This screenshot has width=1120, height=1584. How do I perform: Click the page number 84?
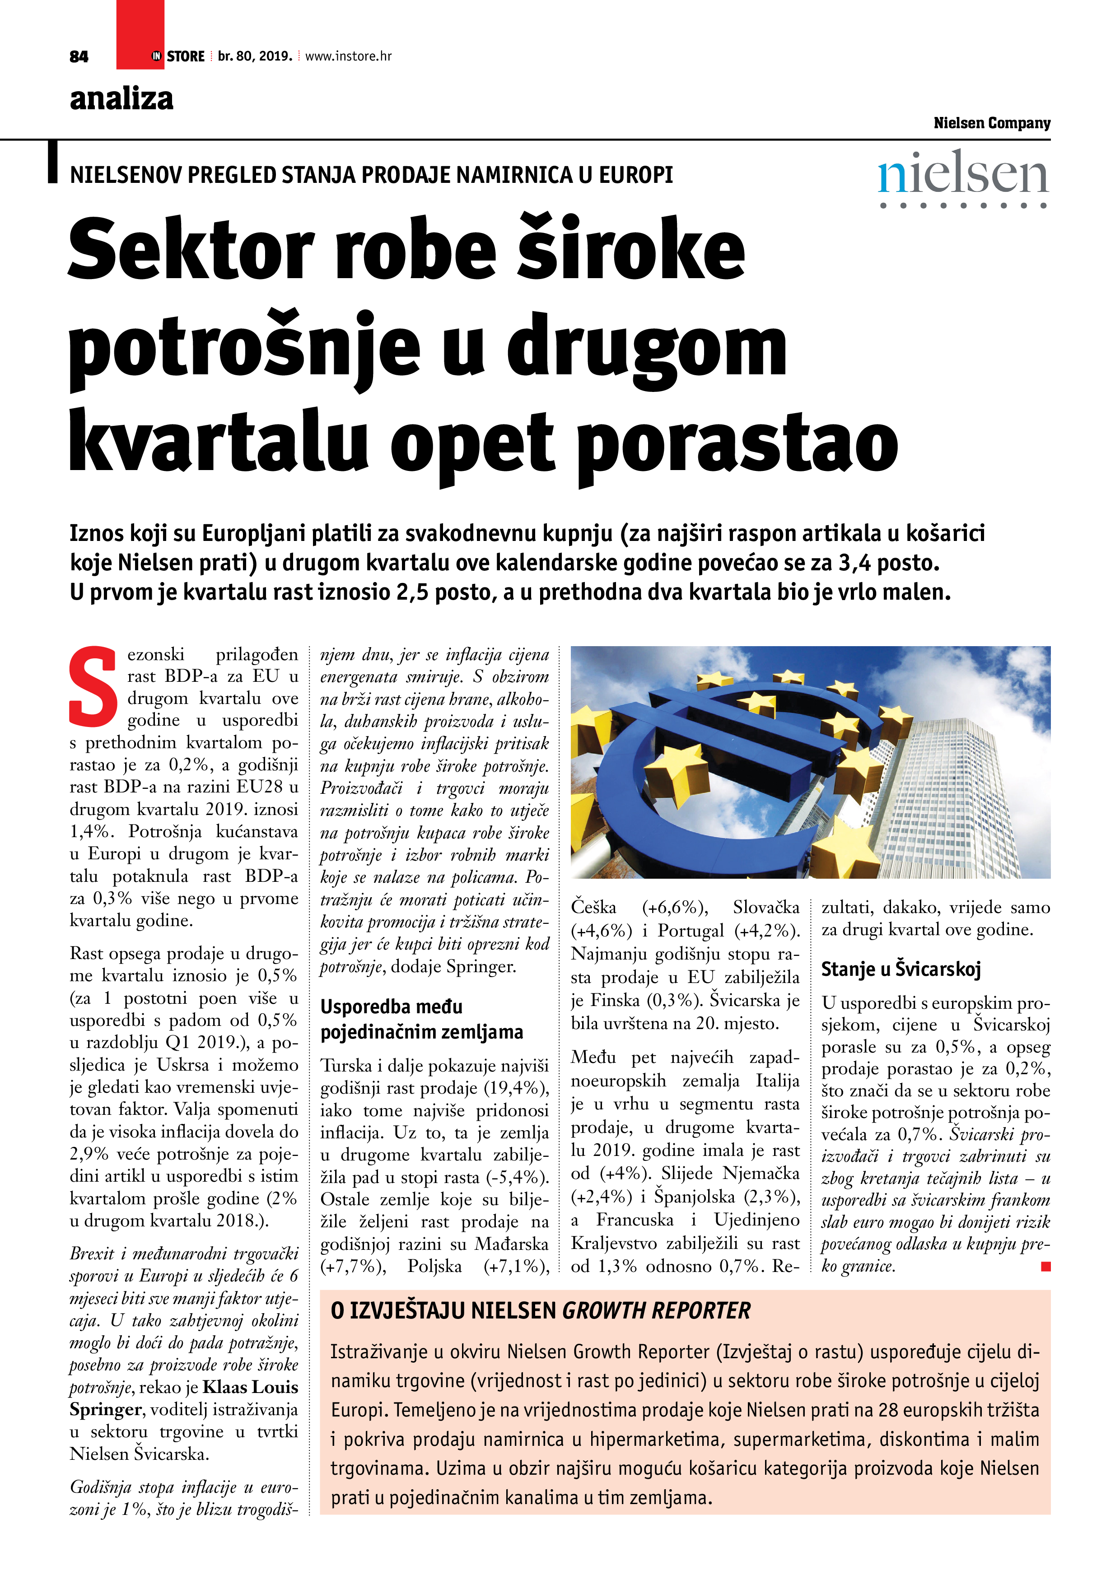[79, 56]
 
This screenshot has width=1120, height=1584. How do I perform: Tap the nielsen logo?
[963, 178]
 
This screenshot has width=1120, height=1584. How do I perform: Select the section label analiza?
[121, 98]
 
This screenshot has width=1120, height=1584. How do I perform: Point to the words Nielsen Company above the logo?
[992, 123]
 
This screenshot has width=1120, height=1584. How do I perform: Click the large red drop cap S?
[93, 686]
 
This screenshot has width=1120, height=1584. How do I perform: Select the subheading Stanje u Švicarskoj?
[901, 969]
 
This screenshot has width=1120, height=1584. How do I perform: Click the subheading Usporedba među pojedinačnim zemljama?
[422, 1019]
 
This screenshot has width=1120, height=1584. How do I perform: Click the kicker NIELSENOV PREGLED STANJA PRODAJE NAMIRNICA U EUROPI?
[371, 175]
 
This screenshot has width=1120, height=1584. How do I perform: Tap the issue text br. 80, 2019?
[255, 56]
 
